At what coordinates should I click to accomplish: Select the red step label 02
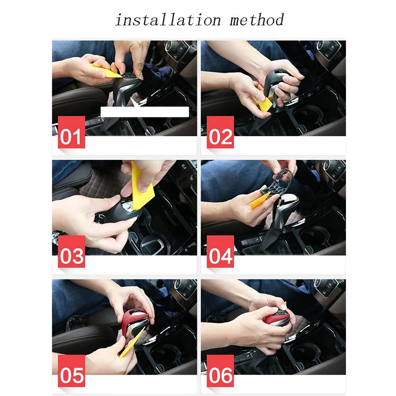click(220, 132)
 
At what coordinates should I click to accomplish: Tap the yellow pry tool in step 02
click(263, 103)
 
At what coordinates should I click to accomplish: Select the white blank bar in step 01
click(145, 112)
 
